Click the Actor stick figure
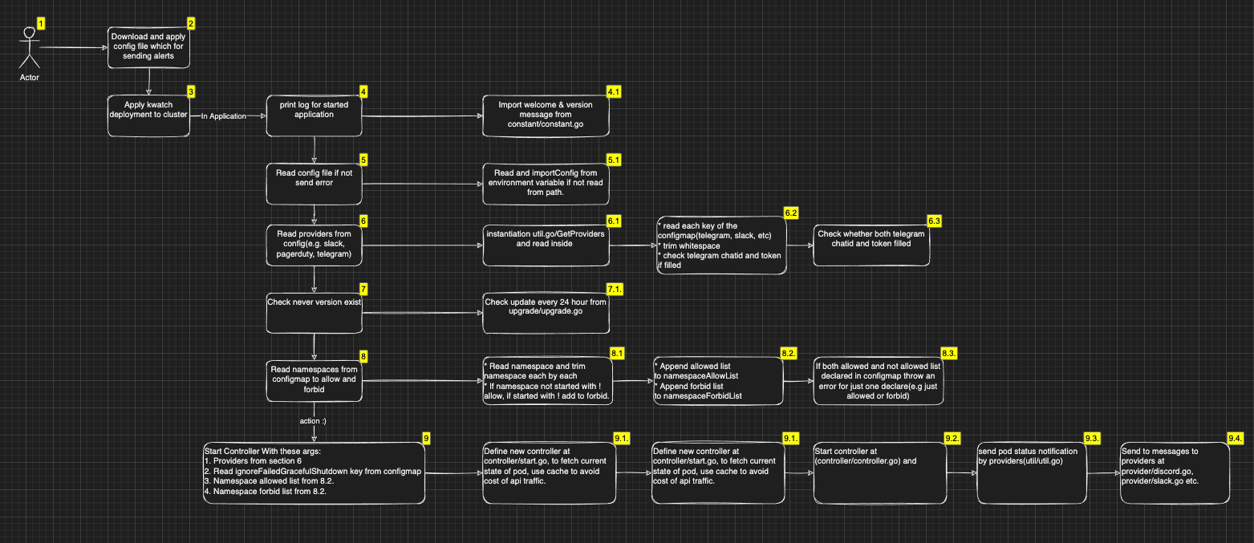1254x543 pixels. click(x=30, y=50)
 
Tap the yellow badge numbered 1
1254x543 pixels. click(x=42, y=23)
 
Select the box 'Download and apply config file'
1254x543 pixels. click(x=148, y=48)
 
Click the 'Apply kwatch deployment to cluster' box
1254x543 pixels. click(x=148, y=115)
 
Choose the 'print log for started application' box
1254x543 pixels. click(x=314, y=115)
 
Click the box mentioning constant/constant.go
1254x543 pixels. click(x=546, y=115)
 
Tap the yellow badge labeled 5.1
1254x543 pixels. click(x=614, y=160)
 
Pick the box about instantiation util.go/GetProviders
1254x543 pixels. click(x=546, y=244)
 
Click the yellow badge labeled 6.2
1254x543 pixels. click(x=791, y=213)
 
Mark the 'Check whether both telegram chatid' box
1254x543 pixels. click(x=871, y=244)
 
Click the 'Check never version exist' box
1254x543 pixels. click(x=314, y=311)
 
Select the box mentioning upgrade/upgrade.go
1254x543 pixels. click(x=546, y=311)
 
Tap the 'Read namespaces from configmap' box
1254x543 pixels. click(x=314, y=380)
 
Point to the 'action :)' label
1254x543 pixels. click(x=313, y=419)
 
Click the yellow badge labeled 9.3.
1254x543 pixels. click(x=1092, y=438)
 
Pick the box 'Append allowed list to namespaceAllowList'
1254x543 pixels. click(x=716, y=380)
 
